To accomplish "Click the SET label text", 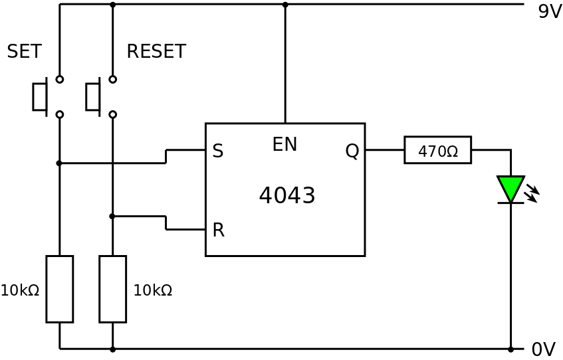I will (x=24, y=52).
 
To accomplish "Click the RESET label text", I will (x=156, y=52).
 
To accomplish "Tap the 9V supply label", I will (x=549, y=12).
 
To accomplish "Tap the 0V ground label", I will (x=542, y=349).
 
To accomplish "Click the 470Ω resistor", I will (x=437, y=150).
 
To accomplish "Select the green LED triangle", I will (x=510, y=188).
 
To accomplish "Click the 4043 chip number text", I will (x=286, y=196).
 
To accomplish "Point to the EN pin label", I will (x=284, y=145).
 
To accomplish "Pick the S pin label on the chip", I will (x=217, y=151).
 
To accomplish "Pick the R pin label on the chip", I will (x=218, y=230).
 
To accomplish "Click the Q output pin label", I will (x=352, y=151).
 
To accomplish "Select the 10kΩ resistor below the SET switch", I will (x=59, y=289).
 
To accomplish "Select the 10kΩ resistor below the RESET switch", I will (x=112, y=289).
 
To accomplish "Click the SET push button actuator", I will (x=40, y=96).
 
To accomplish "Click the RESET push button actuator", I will (x=93, y=96).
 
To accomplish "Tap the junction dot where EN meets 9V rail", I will (x=285, y=5).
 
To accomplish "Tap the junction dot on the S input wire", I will (x=59, y=163).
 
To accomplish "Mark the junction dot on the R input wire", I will (x=112, y=216).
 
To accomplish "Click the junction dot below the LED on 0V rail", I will (x=510, y=349).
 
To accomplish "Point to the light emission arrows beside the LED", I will (x=531, y=193).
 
